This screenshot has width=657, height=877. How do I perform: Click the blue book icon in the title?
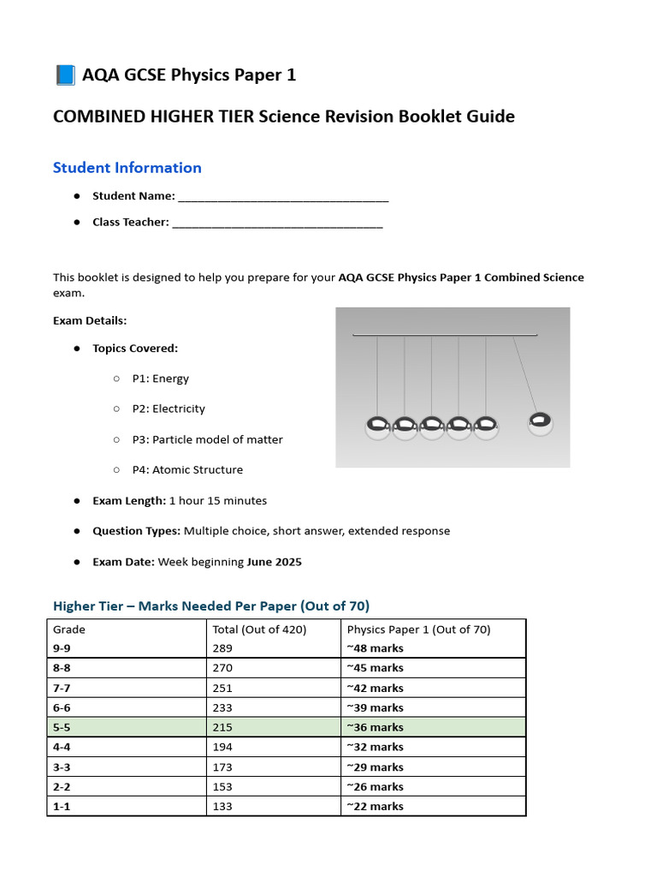[64, 75]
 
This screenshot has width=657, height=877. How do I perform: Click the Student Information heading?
[127, 168]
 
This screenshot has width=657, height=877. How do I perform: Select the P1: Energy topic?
[160, 379]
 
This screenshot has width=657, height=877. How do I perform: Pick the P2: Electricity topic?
[168, 409]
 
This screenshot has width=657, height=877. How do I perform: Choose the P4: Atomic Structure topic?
[186, 469]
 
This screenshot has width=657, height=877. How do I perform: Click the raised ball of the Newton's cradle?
[540, 422]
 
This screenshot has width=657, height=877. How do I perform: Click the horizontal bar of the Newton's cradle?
[445, 335]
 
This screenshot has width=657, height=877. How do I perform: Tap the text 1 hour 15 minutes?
[218, 500]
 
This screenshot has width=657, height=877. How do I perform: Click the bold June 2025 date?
[275, 562]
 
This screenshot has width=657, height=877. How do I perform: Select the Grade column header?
[69, 629]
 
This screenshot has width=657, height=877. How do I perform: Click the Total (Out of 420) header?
[259, 629]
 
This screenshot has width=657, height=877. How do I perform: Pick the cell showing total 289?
[222, 648]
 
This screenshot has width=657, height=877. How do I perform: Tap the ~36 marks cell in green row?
[375, 727]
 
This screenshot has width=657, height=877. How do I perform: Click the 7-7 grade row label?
[62, 688]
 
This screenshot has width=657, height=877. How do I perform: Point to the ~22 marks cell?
[375, 806]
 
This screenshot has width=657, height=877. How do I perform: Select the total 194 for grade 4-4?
[222, 747]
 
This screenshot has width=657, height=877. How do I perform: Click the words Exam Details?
[90, 320]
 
